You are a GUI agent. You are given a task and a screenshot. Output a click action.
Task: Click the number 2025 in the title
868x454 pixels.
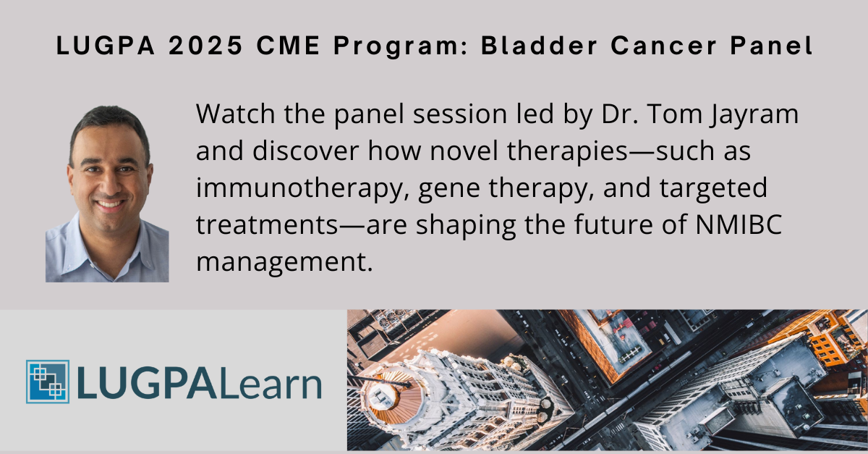point(205,46)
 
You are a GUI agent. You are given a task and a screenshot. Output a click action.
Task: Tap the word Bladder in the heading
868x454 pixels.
point(540,46)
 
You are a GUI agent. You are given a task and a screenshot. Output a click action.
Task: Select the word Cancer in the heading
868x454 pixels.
point(664,46)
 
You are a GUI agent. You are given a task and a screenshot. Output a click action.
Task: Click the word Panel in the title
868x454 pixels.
point(771,46)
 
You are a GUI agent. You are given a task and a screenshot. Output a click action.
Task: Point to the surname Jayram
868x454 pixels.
point(754,115)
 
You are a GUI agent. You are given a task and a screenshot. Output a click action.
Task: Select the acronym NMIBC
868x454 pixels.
point(739,224)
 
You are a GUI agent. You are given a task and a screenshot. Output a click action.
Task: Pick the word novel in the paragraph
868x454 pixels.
point(464,151)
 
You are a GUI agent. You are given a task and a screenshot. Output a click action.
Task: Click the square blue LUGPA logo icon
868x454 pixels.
point(48,382)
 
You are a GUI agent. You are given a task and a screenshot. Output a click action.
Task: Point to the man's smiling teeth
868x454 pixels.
point(110,204)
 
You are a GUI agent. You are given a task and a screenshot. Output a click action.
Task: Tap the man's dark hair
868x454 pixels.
point(109,120)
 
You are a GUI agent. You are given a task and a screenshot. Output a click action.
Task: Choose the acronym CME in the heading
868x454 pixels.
point(289,46)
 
